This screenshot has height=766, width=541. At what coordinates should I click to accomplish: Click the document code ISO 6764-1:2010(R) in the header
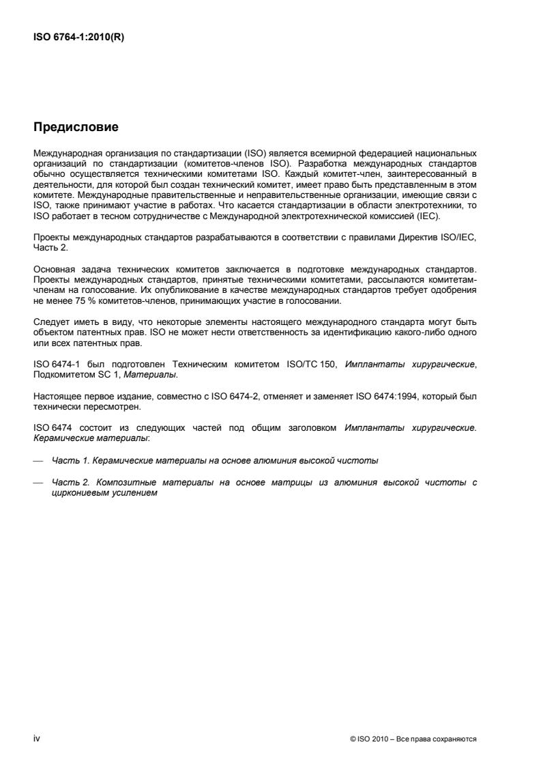(78, 38)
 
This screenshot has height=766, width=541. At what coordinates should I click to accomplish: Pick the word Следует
(49, 322)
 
